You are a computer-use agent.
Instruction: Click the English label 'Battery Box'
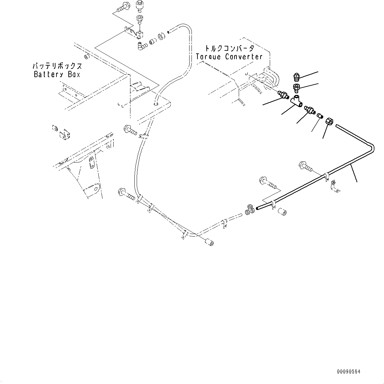tap(57, 74)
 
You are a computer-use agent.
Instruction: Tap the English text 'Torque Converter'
tap(229, 57)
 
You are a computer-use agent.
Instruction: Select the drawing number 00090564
tap(348, 372)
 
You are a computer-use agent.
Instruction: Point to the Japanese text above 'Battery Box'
tap(57, 66)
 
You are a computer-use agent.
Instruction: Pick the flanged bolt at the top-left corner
tap(126, 6)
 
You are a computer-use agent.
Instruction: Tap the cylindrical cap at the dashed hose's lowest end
tap(209, 243)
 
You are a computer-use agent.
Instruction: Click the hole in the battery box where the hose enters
tap(156, 103)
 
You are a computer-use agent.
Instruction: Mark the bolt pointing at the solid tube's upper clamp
tap(305, 166)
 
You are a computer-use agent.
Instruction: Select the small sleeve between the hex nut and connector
tap(319, 116)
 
